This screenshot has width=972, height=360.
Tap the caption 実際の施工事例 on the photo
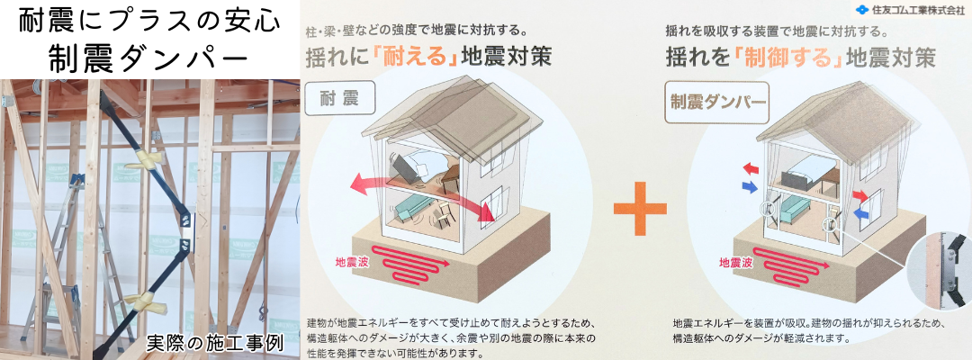(x=214, y=343)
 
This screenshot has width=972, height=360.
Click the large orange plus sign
(x=641, y=208)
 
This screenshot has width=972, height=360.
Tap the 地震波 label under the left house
(x=352, y=263)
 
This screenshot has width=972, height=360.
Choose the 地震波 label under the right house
(x=736, y=263)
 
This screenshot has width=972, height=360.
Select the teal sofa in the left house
(x=409, y=211)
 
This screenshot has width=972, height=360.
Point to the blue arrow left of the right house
(x=750, y=186)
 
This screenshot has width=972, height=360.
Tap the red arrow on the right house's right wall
(x=860, y=196)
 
